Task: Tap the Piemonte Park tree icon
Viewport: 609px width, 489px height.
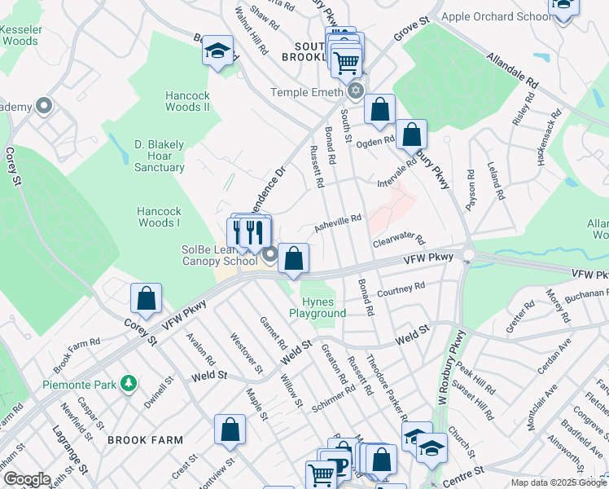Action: (x=127, y=382)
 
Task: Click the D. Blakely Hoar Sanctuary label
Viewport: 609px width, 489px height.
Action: (x=159, y=156)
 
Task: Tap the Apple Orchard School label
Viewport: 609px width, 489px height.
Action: (x=496, y=16)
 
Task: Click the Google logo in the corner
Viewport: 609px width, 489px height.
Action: (x=26, y=479)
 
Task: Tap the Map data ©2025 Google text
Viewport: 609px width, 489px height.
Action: (x=559, y=482)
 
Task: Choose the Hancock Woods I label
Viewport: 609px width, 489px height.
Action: (x=158, y=216)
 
